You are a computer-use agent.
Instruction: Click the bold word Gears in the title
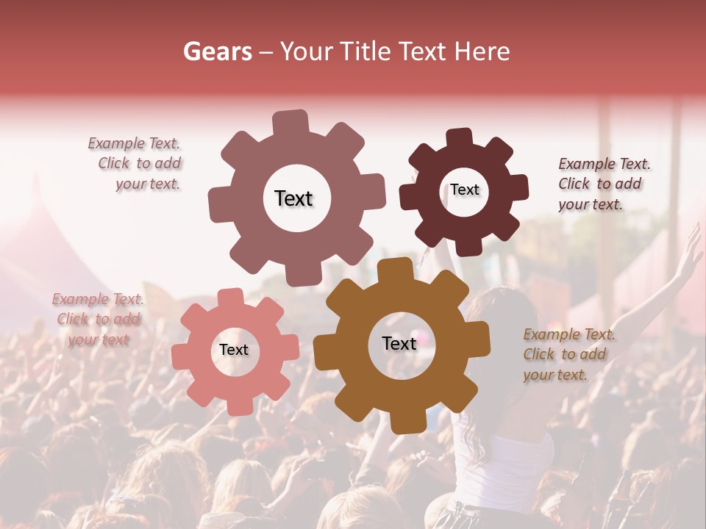(217, 51)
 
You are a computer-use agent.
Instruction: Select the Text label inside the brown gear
(399, 343)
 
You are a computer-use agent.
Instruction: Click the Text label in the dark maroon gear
(464, 190)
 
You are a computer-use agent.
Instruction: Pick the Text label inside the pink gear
(234, 350)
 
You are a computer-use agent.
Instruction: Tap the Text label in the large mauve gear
(293, 198)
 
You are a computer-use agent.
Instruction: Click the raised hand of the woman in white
(689, 250)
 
